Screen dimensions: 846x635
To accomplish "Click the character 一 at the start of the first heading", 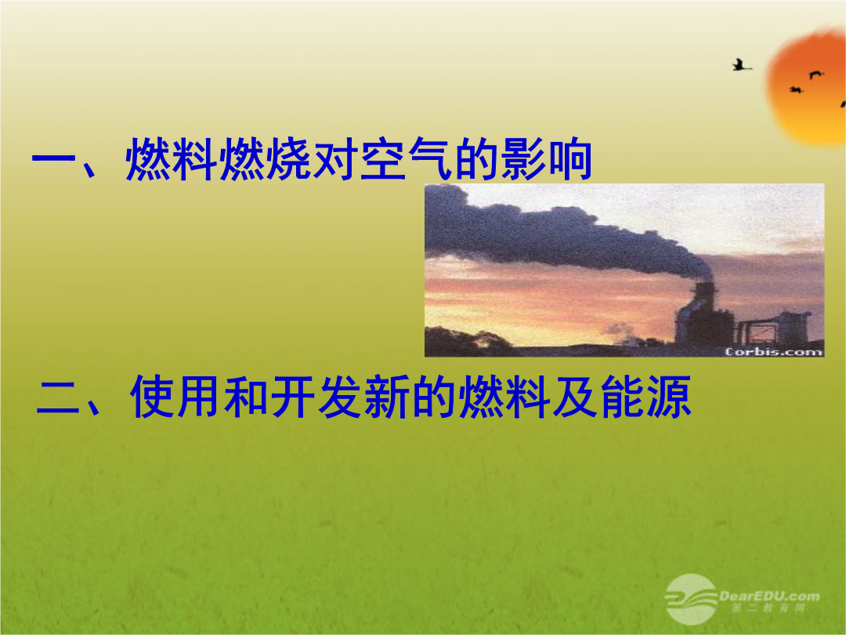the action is pos(54,159).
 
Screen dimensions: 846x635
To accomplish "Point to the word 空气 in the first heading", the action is pos(407,158).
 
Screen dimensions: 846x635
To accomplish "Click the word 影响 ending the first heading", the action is pos(547,158).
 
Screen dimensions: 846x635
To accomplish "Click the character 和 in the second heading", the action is pos(245,397).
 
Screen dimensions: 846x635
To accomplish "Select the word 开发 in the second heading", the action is pos(316,397).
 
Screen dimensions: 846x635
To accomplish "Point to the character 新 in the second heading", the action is pos(385,397).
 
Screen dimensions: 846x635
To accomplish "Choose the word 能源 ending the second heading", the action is pos(645,397).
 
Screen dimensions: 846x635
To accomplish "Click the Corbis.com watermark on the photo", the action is pos(773,352).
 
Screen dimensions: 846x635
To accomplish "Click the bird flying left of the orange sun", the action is pos(741,65).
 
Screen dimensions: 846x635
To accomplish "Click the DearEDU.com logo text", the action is pos(769,596).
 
